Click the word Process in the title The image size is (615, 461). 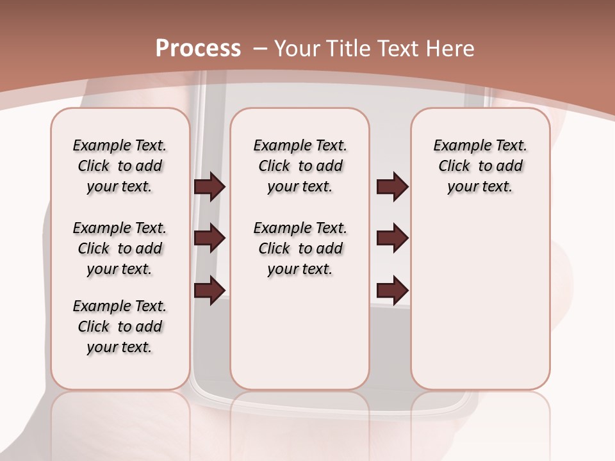[x=198, y=48]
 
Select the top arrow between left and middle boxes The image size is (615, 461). [x=209, y=187]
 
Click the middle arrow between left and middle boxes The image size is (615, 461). [x=209, y=238]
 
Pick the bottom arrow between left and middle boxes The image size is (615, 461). [x=209, y=290]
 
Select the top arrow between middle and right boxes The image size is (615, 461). [x=392, y=187]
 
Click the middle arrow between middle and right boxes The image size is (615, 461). [x=392, y=238]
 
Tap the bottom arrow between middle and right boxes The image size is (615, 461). [x=392, y=290]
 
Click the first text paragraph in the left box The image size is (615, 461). [x=120, y=166]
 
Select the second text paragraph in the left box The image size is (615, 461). [x=120, y=248]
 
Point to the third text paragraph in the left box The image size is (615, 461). [x=120, y=327]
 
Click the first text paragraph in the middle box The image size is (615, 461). [x=300, y=166]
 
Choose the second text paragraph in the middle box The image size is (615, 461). [x=300, y=248]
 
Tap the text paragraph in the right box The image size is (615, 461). [x=480, y=166]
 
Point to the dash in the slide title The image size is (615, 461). [x=260, y=48]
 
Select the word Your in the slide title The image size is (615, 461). [x=299, y=48]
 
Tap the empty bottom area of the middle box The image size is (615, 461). [x=300, y=339]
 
